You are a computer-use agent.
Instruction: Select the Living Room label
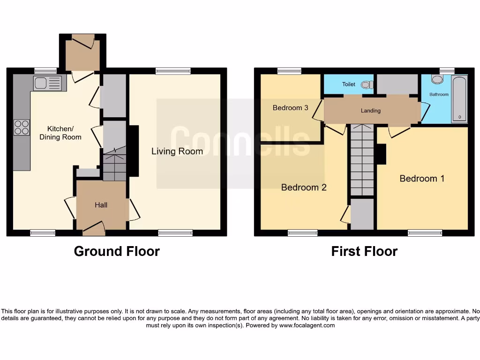point(177,151)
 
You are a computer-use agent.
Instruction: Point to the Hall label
point(101,205)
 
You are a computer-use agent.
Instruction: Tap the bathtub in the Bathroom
point(459,99)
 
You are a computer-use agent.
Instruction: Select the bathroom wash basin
point(437,80)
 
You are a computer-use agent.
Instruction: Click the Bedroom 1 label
point(422,179)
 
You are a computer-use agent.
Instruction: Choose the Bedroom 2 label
point(304,187)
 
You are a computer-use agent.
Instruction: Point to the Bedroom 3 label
point(290,108)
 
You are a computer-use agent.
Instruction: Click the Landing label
point(370,111)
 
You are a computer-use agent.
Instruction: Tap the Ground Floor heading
point(117,251)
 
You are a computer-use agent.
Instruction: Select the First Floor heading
point(364,251)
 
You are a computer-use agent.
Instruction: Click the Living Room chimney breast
point(133,151)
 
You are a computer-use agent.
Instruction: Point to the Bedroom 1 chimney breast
point(381,154)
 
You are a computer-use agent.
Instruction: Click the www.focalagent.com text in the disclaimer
point(307,325)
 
